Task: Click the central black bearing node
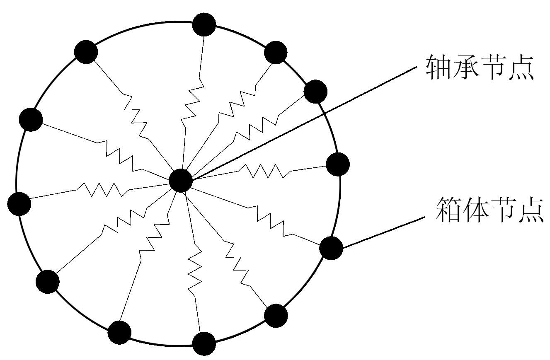click(x=181, y=181)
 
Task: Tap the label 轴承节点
click(x=480, y=68)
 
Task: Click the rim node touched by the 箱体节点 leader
click(x=331, y=248)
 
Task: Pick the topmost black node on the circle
click(x=204, y=24)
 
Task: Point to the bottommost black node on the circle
click(x=204, y=343)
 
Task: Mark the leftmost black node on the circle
click(x=19, y=204)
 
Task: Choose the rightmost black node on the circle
click(x=338, y=164)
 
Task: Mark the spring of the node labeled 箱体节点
click(x=271, y=220)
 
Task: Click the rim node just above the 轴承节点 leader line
click(x=315, y=92)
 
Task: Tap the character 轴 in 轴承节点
click(x=439, y=68)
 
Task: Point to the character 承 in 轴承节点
click(x=466, y=68)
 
